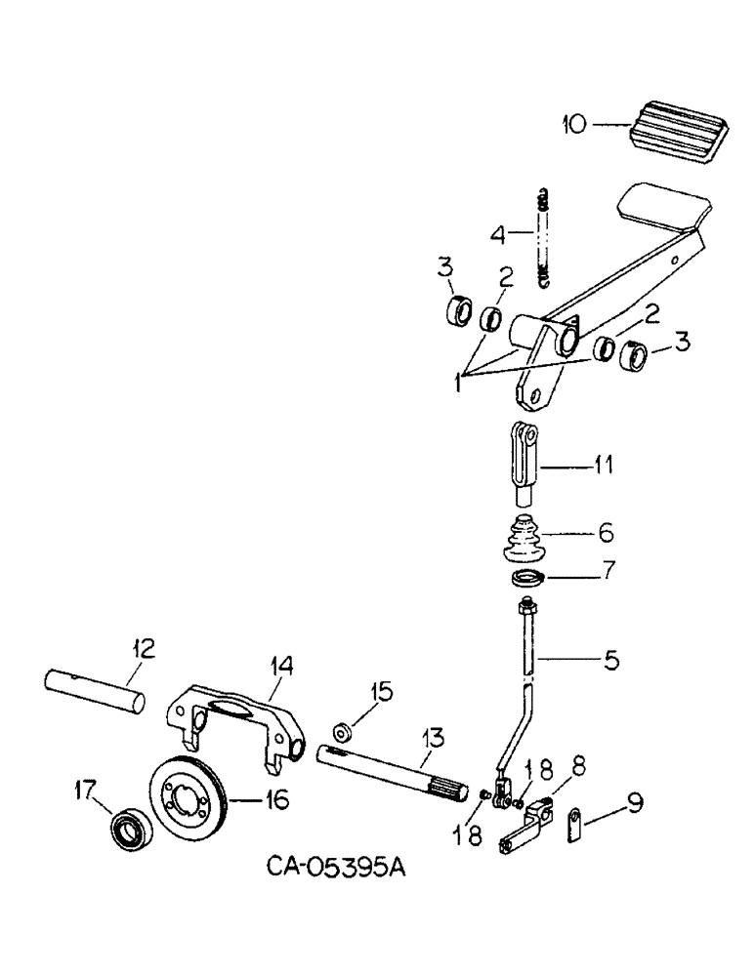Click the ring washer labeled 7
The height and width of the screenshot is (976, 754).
tap(528, 579)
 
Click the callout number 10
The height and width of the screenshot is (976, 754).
tap(575, 124)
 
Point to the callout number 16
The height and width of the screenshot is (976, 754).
tap(276, 800)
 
